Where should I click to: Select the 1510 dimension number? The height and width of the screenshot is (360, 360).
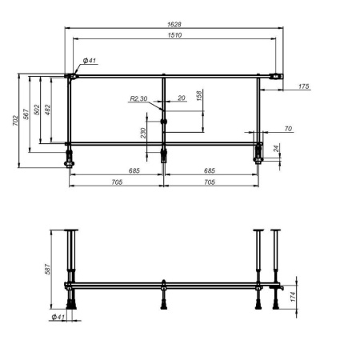174,34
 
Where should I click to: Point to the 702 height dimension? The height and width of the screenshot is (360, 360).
16,121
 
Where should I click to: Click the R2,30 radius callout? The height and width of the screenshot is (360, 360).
138,98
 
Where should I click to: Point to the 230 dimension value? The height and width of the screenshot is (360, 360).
143,134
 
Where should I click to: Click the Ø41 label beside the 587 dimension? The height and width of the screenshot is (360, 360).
58,318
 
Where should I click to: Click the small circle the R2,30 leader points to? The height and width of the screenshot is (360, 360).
164,122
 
